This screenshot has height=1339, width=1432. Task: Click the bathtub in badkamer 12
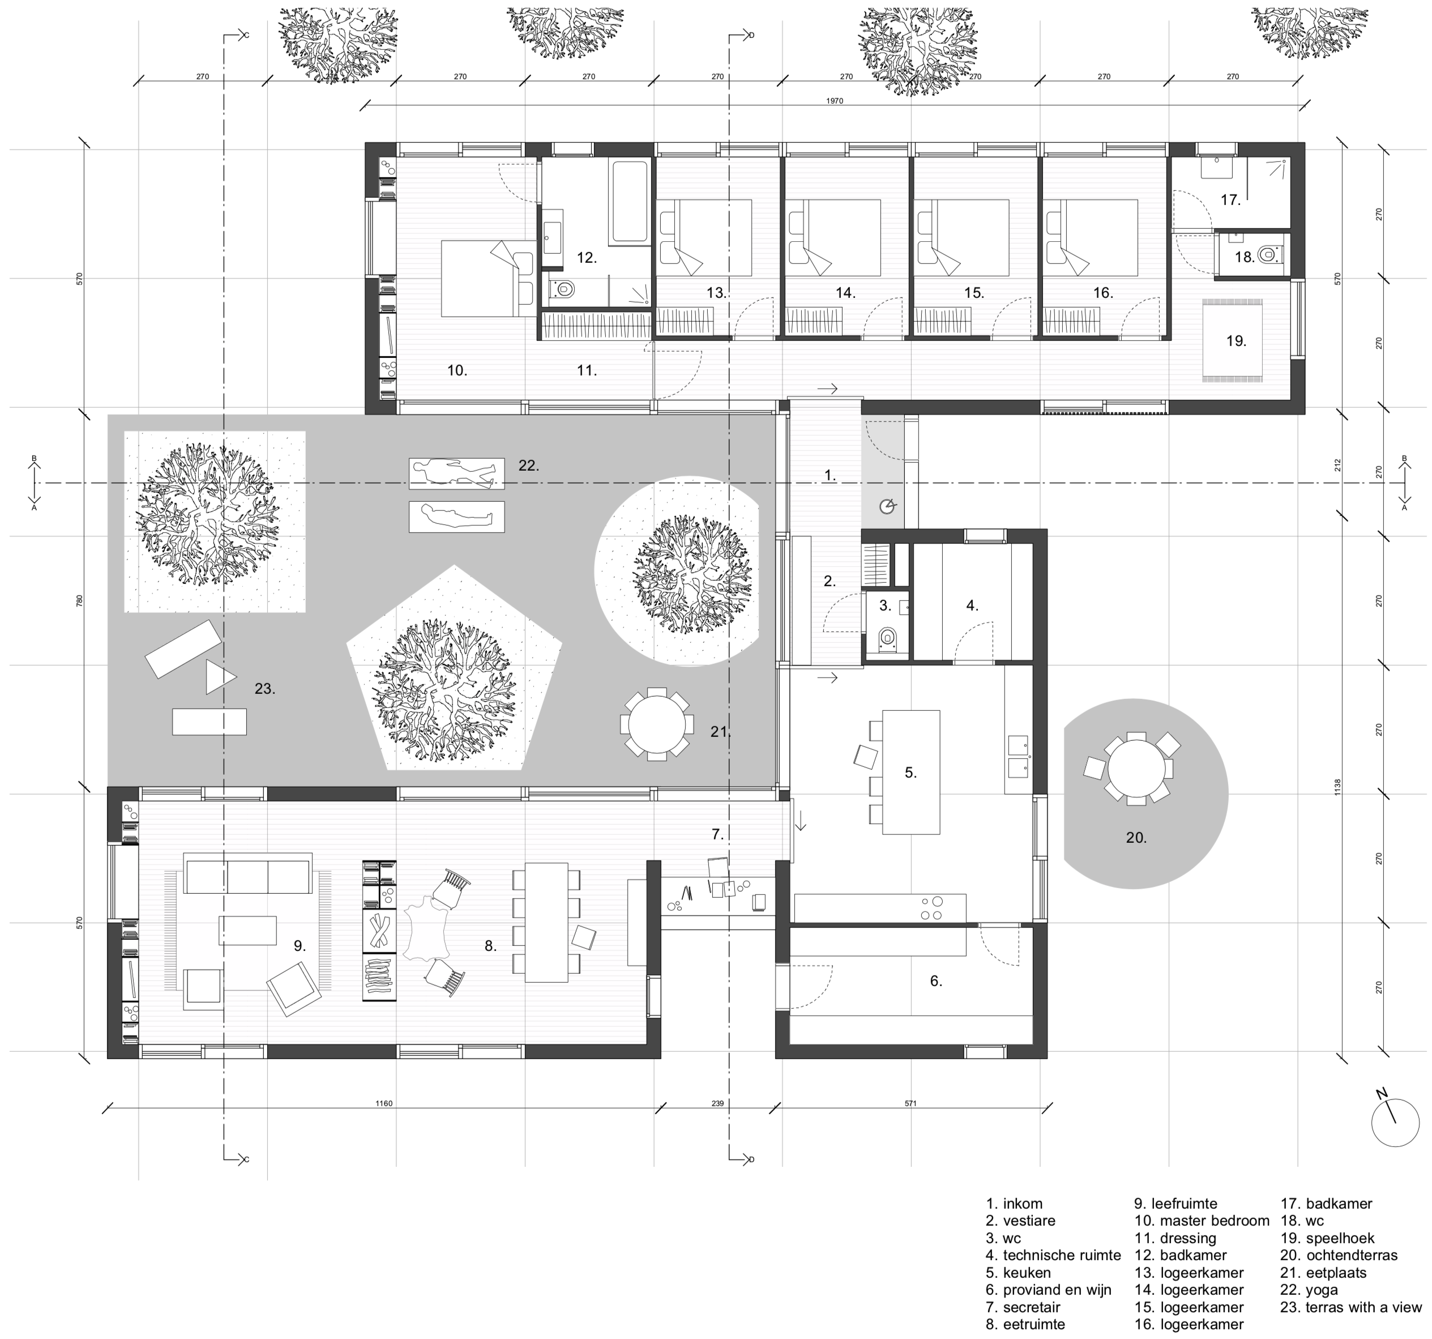tap(629, 201)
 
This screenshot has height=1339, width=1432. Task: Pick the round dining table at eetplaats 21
tap(657, 724)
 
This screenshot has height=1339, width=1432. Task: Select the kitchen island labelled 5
tap(911, 772)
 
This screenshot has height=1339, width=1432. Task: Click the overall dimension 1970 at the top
tap(835, 101)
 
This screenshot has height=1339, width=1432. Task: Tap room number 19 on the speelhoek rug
tap(1236, 340)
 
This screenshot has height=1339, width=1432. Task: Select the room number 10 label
tap(458, 370)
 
